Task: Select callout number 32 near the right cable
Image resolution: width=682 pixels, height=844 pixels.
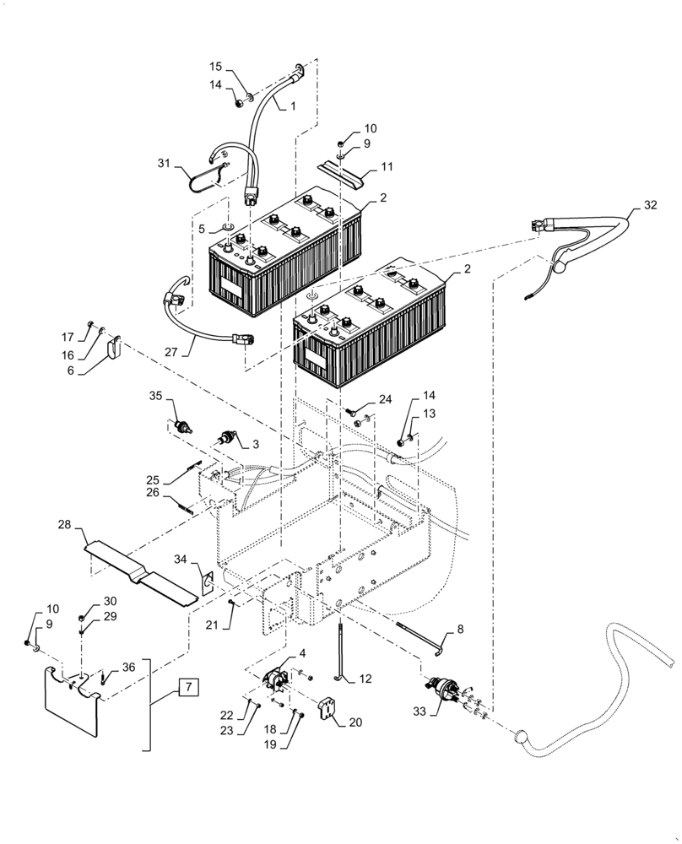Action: tap(649, 205)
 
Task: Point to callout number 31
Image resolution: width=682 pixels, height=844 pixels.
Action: tap(163, 163)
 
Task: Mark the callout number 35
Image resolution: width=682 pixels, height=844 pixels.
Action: tap(155, 395)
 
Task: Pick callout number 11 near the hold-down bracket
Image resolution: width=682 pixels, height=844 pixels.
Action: tap(387, 168)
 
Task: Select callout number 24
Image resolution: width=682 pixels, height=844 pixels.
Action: tap(386, 398)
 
